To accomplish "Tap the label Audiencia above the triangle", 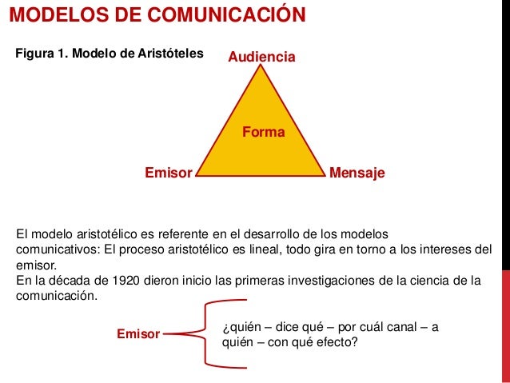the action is click(x=262, y=58).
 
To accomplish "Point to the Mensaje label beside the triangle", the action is click(x=357, y=172).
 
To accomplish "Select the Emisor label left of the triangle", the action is click(x=168, y=172).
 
